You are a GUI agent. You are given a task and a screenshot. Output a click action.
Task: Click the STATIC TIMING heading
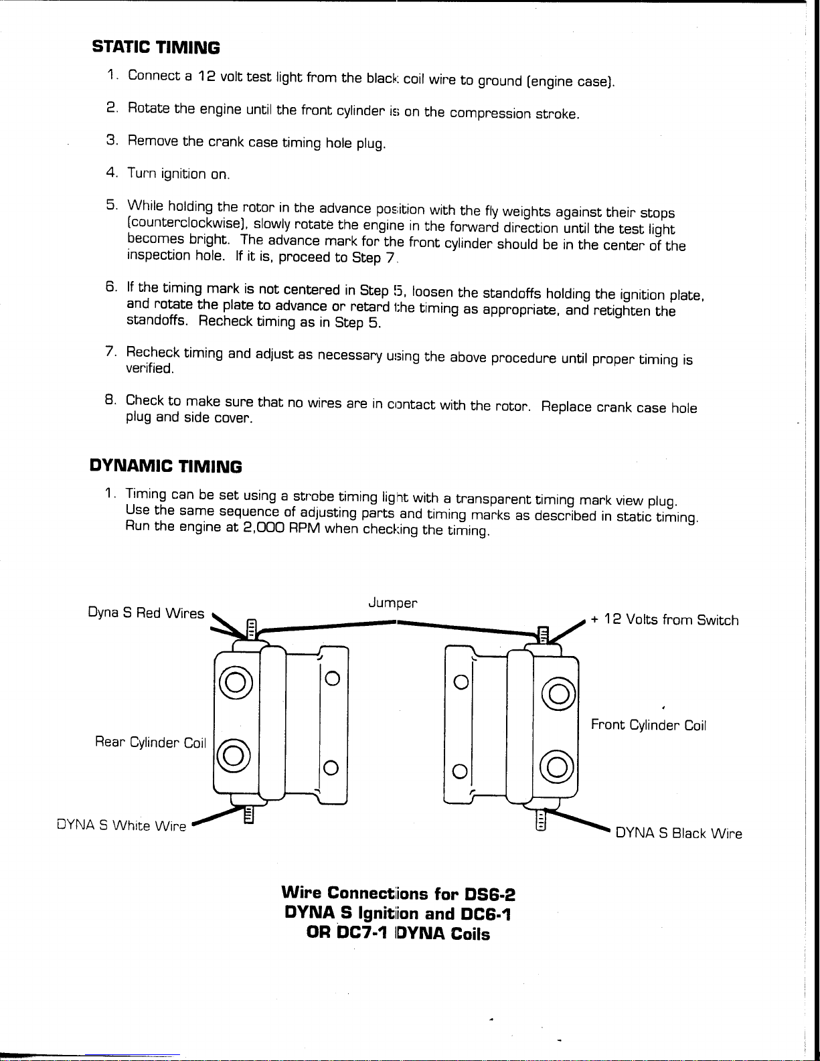tap(156, 48)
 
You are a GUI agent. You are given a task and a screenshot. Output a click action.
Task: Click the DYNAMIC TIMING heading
tap(165, 466)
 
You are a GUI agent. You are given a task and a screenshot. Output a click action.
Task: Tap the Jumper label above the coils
tap(393, 603)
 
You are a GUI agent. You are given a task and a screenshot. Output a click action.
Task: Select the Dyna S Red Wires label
tap(146, 613)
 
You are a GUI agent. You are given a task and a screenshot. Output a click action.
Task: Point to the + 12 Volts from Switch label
tap(664, 620)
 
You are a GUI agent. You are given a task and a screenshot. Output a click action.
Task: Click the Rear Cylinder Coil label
tap(151, 742)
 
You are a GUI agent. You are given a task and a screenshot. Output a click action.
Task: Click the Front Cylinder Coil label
tap(649, 725)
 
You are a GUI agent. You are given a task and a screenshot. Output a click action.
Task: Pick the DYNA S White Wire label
tap(122, 825)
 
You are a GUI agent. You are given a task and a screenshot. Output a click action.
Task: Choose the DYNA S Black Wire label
tap(679, 833)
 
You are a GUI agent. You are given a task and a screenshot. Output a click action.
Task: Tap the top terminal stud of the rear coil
tap(252, 630)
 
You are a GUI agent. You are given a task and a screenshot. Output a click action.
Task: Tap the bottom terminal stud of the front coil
tap(540, 820)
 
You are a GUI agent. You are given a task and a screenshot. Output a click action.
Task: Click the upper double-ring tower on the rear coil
tap(236, 683)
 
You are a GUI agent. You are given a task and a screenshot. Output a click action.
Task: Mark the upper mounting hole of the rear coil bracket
tap(333, 679)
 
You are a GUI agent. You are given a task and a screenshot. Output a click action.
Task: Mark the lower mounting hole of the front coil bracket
tap(460, 771)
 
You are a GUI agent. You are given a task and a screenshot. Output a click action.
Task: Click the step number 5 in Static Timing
tap(111, 205)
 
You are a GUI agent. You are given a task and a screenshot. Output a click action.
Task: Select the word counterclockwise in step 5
tap(185, 223)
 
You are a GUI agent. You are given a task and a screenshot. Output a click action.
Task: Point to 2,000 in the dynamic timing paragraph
tap(264, 527)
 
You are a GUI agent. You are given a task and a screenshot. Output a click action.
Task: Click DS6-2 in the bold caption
tap(489, 894)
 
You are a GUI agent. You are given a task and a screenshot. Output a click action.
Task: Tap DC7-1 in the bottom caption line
tap(361, 932)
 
